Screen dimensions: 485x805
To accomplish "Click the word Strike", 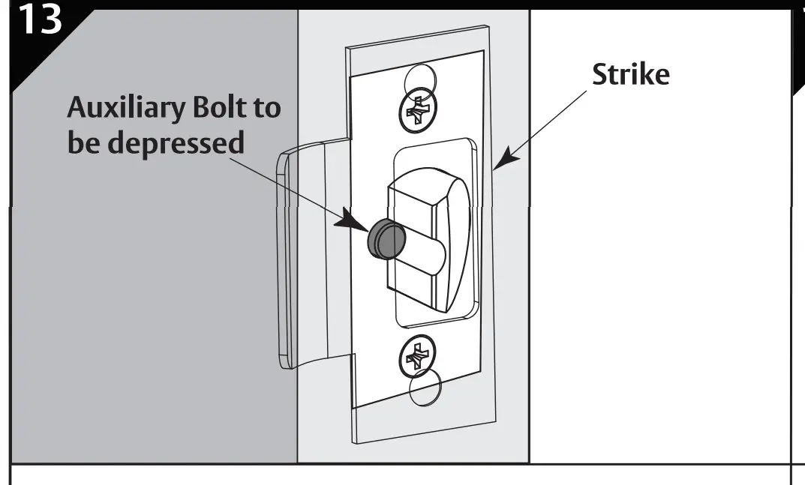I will pos(630,74).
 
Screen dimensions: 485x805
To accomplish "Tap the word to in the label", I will pos(266,109).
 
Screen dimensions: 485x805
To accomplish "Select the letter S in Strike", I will pos(600,74).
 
